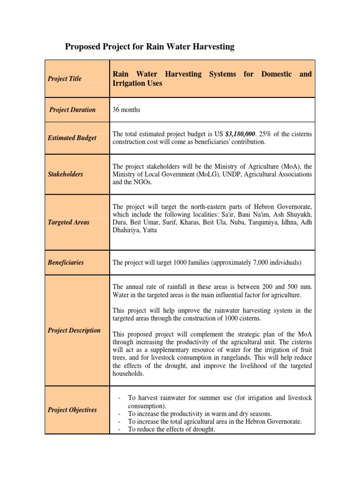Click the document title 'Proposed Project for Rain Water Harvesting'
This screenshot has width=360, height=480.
[149, 46]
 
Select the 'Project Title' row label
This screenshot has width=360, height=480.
[64, 79]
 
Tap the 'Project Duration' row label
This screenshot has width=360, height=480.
[73, 110]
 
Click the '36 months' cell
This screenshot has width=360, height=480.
[127, 110]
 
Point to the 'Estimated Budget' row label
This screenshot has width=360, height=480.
[72, 138]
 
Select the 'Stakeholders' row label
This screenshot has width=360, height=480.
[65, 174]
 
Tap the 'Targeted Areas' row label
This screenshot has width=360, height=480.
[68, 222]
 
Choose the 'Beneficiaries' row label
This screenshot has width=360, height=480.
[66, 262]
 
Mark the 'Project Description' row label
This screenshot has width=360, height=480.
[74, 330]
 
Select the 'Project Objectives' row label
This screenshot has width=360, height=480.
[72, 410]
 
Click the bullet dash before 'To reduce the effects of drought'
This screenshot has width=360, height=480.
[120, 429]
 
